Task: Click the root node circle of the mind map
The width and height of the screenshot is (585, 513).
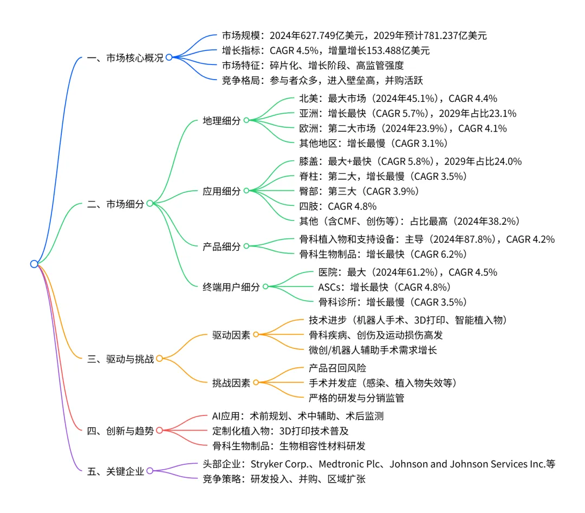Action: click(34, 264)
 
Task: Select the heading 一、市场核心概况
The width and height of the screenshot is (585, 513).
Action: click(125, 57)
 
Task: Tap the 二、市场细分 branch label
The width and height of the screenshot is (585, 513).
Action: click(116, 204)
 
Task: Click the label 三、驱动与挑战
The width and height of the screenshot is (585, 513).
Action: click(120, 358)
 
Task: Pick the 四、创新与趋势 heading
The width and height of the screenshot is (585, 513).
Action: click(120, 431)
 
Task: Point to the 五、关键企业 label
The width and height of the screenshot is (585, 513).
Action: click(116, 471)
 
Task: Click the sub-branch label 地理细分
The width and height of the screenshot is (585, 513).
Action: click(222, 120)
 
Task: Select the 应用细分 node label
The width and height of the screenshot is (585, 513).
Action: click(222, 191)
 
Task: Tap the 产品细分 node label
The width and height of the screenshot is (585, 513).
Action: click(222, 246)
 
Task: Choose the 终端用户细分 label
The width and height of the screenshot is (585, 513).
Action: click(231, 287)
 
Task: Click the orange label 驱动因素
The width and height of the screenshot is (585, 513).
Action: click(231, 335)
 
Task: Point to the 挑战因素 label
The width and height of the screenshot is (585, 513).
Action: click(231, 382)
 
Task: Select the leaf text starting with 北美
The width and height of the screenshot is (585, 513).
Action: click(398, 99)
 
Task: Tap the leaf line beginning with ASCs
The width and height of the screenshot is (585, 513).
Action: click(384, 287)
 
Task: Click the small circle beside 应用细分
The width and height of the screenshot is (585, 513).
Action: click(246, 191)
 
